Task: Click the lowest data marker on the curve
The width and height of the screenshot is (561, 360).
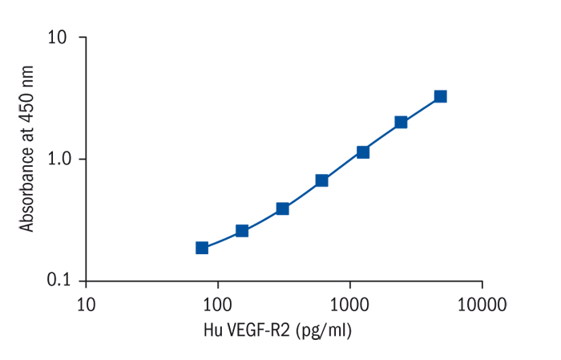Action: (202, 248)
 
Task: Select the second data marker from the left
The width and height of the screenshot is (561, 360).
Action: (242, 231)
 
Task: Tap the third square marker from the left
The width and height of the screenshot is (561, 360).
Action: (282, 208)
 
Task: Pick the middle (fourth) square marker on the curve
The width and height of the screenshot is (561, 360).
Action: (321, 180)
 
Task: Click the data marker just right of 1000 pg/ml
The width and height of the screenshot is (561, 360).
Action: (362, 152)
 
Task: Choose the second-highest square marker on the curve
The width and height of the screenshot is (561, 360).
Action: (401, 123)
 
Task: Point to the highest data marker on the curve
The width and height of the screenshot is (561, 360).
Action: (440, 96)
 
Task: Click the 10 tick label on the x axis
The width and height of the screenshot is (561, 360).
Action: (86, 304)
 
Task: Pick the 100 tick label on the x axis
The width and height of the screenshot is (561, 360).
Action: (217, 304)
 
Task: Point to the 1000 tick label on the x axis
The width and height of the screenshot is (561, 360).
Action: (349, 304)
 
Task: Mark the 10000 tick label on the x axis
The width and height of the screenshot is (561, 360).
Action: (481, 304)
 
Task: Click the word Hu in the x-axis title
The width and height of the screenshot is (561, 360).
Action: (213, 330)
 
